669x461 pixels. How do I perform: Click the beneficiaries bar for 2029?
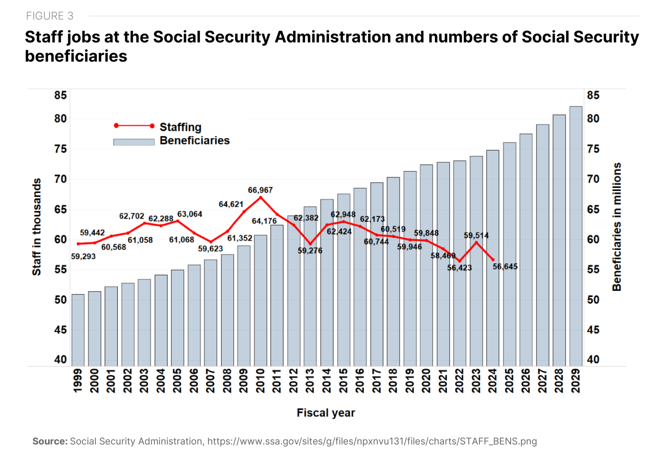click(576, 236)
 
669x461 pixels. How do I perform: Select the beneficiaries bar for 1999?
click(78, 330)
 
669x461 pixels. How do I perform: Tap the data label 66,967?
click(260, 190)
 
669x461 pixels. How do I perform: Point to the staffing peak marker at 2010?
click(260, 197)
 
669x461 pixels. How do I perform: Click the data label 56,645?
click(505, 266)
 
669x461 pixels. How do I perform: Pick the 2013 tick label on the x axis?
click(310, 380)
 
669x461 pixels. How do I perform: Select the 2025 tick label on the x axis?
click(509, 380)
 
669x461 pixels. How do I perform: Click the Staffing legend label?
click(181, 127)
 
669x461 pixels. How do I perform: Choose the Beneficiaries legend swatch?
click(134, 142)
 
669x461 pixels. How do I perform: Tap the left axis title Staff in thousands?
click(37, 227)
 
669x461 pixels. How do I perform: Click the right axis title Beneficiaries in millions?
click(617, 227)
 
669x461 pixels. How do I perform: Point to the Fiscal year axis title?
click(326, 413)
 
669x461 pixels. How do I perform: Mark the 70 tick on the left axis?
click(61, 179)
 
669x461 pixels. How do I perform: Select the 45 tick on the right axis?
click(593, 330)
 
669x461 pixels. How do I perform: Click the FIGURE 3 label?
click(50, 16)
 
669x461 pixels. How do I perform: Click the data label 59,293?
click(83, 257)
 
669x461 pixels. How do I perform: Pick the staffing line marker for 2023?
click(476, 242)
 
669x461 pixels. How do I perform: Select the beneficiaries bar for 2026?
click(526, 249)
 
